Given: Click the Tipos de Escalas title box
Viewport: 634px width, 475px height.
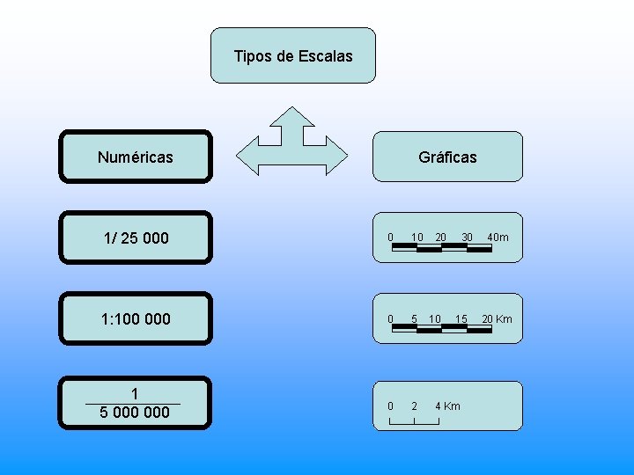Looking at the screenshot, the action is [293, 55].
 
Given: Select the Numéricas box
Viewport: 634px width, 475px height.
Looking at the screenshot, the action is [136, 157].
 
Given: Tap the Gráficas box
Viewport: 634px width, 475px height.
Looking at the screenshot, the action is [447, 157].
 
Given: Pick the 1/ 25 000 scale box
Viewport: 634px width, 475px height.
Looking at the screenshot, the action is [136, 237].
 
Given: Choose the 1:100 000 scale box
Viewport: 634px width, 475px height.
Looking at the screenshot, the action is [136, 318].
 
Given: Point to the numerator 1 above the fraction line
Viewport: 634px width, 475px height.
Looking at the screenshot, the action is [133, 393].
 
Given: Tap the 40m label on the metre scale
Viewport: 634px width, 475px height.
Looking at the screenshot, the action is [498, 237].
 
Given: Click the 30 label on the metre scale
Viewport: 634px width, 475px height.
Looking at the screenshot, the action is [468, 237].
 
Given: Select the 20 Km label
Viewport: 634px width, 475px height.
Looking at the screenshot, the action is [497, 318].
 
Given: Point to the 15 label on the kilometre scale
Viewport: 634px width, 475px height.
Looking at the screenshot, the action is [461, 318].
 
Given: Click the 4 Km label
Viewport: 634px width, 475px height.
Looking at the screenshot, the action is [447, 406].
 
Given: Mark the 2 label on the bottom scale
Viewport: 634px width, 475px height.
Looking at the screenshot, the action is [414, 406].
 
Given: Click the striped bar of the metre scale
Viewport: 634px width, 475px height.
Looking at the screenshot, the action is [441, 248].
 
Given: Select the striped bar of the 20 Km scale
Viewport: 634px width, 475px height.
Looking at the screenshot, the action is [441, 327].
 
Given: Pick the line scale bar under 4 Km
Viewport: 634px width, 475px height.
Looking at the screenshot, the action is [414, 423].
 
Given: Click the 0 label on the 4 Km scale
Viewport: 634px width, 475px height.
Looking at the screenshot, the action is [390, 406].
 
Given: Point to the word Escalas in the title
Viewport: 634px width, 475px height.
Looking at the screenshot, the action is [326, 56].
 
